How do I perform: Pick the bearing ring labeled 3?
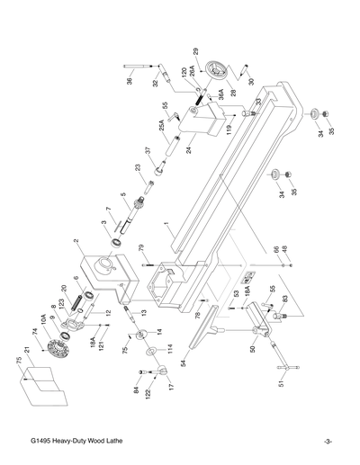coord(117,243)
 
